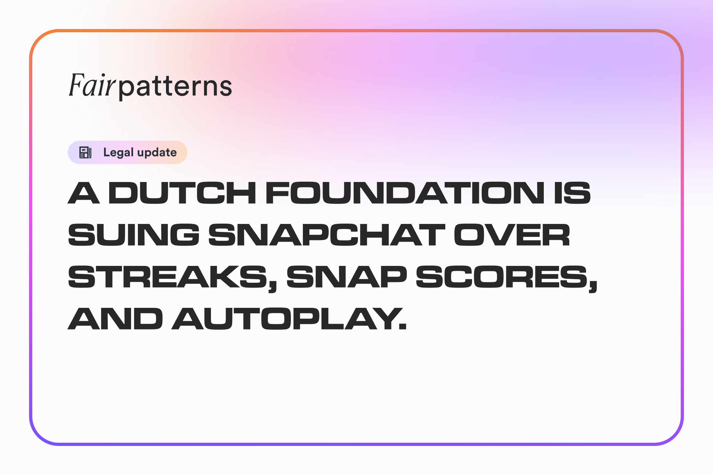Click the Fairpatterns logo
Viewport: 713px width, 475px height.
[x=150, y=86]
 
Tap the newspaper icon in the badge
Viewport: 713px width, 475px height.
[x=86, y=152]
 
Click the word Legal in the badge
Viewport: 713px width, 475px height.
[x=118, y=153]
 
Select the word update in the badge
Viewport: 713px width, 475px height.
[x=157, y=153]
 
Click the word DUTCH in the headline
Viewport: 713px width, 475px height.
[x=182, y=193]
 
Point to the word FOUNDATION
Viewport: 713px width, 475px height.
[x=405, y=193]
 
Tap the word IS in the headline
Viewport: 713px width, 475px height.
[x=573, y=193]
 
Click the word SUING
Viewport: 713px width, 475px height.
[x=134, y=235]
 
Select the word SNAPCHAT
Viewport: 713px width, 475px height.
[x=327, y=235]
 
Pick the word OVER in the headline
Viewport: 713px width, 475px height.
[x=512, y=235]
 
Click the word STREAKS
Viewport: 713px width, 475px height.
[x=168, y=277]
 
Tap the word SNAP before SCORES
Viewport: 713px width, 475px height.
[x=347, y=277]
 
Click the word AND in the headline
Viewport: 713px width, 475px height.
[x=115, y=318]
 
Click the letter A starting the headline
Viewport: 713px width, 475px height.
[x=84, y=193]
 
